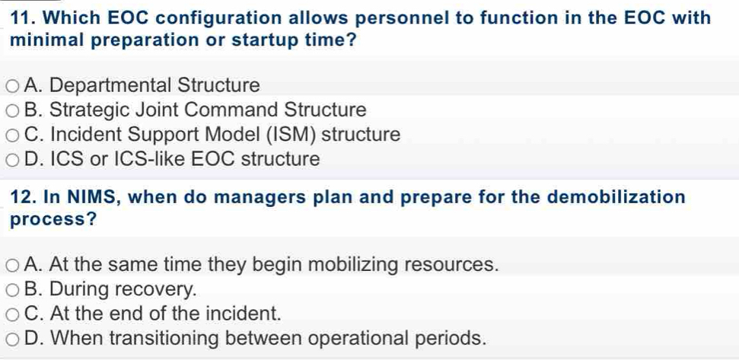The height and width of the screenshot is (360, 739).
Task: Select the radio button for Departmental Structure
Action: pos(13,86)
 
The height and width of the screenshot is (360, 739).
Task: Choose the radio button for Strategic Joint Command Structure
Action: pos(13,111)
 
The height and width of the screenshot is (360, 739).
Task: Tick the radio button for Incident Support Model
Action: pos(13,135)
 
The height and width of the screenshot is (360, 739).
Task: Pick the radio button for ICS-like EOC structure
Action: pos(13,160)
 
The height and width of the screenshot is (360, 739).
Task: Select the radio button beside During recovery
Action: pos(13,290)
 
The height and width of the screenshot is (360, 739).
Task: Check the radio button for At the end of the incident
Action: pos(13,314)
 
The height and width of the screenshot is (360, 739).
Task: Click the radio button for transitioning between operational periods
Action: pos(13,339)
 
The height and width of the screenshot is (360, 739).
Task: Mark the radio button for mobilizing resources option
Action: pos(13,266)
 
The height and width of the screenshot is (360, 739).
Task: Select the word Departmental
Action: pos(110,86)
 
